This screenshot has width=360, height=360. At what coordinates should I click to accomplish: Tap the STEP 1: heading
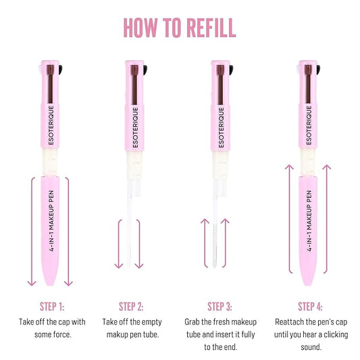click(x=52, y=306)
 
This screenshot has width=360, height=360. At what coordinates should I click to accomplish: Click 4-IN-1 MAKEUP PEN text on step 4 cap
click(x=309, y=223)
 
